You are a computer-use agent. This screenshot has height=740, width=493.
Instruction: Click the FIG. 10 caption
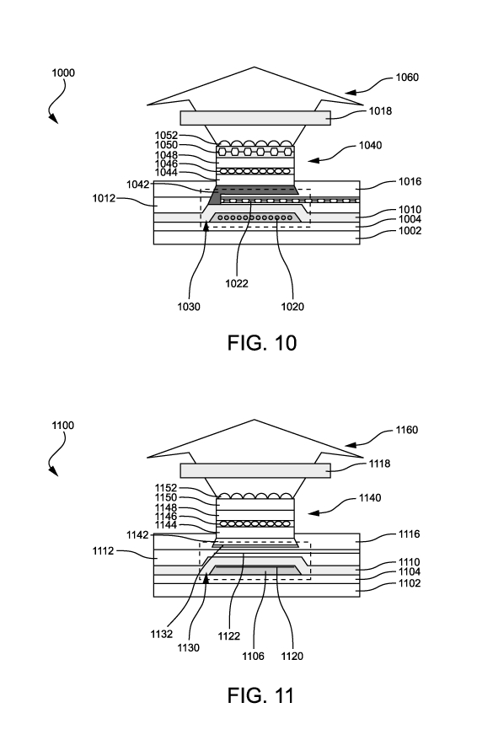(x=262, y=343)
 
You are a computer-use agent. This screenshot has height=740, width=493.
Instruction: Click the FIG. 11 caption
(x=261, y=695)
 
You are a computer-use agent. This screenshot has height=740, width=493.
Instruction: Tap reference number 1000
(x=63, y=72)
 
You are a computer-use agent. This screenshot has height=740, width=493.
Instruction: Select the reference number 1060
(x=407, y=77)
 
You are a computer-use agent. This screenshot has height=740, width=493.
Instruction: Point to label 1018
(x=380, y=111)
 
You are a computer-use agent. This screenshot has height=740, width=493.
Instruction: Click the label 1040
(x=370, y=145)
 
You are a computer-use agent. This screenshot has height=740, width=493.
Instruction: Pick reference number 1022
(x=236, y=283)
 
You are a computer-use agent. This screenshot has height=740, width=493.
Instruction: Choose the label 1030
(x=189, y=307)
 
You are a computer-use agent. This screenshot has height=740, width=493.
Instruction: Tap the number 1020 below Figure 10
(x=292, y=307)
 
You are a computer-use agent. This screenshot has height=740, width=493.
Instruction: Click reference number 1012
(x=104, y=198)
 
